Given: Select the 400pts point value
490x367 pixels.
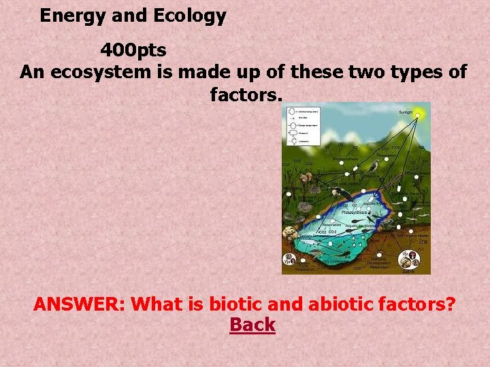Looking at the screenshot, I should tap(133, 50).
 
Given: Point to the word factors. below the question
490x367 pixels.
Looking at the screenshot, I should tap(246, 94).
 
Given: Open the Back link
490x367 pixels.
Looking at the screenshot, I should tap(252, 326).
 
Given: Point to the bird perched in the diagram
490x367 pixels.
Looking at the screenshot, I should tap(374, 166).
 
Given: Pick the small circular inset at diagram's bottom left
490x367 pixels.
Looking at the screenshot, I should tap(289, 259).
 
